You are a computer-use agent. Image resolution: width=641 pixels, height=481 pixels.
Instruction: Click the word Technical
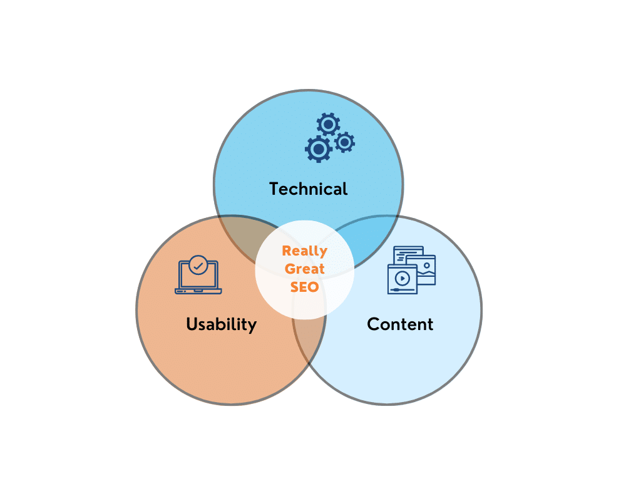(x=308, y=189)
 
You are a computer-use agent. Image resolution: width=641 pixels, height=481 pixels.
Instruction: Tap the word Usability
(x=221, y=325)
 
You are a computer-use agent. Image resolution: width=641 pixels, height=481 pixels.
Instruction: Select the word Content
(x=400, y=324)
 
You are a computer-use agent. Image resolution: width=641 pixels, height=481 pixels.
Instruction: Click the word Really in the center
(x=305, y=251)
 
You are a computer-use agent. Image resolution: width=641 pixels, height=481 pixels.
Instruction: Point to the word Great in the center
(x=305, y=269)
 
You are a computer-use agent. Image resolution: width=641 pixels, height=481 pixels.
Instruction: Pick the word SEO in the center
(x=305, y=287)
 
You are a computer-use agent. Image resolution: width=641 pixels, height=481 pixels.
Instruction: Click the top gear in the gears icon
(x=328, y=124)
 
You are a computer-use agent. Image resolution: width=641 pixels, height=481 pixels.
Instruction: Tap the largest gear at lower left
(x=319, y=149)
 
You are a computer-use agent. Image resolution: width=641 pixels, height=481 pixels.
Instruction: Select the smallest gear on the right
(x=345, y=142)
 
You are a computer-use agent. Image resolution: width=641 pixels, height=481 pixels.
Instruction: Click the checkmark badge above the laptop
(x=198, y=266)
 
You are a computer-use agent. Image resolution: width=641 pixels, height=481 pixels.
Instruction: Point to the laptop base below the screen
(x=198, y=291)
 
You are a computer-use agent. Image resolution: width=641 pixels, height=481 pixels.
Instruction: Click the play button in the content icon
(x=403, y=279)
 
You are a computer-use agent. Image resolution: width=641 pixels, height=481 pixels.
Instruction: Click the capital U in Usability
(x=192, y=324)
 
